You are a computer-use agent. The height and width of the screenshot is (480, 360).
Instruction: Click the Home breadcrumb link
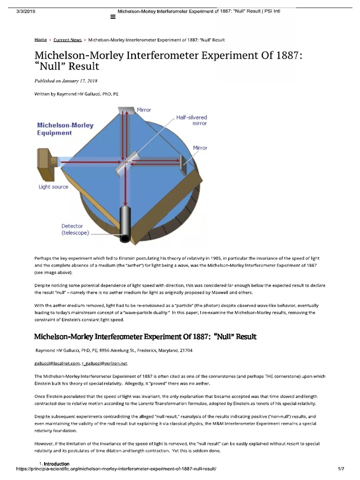(x=40, y=40)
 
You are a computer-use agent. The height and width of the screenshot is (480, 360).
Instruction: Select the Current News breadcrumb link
(x=67, y=40)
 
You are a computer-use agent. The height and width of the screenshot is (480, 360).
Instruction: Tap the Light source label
(x=53, y=187)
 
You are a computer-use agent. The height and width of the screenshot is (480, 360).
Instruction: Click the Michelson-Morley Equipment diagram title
(x=65, y=129)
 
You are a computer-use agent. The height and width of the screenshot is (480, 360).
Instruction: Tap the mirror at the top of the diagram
(x=125, y=110)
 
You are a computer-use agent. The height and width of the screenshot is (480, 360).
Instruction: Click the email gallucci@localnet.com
(x=57, y=363)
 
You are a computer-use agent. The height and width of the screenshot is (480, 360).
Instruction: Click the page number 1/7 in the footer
(x=341, y=469)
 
